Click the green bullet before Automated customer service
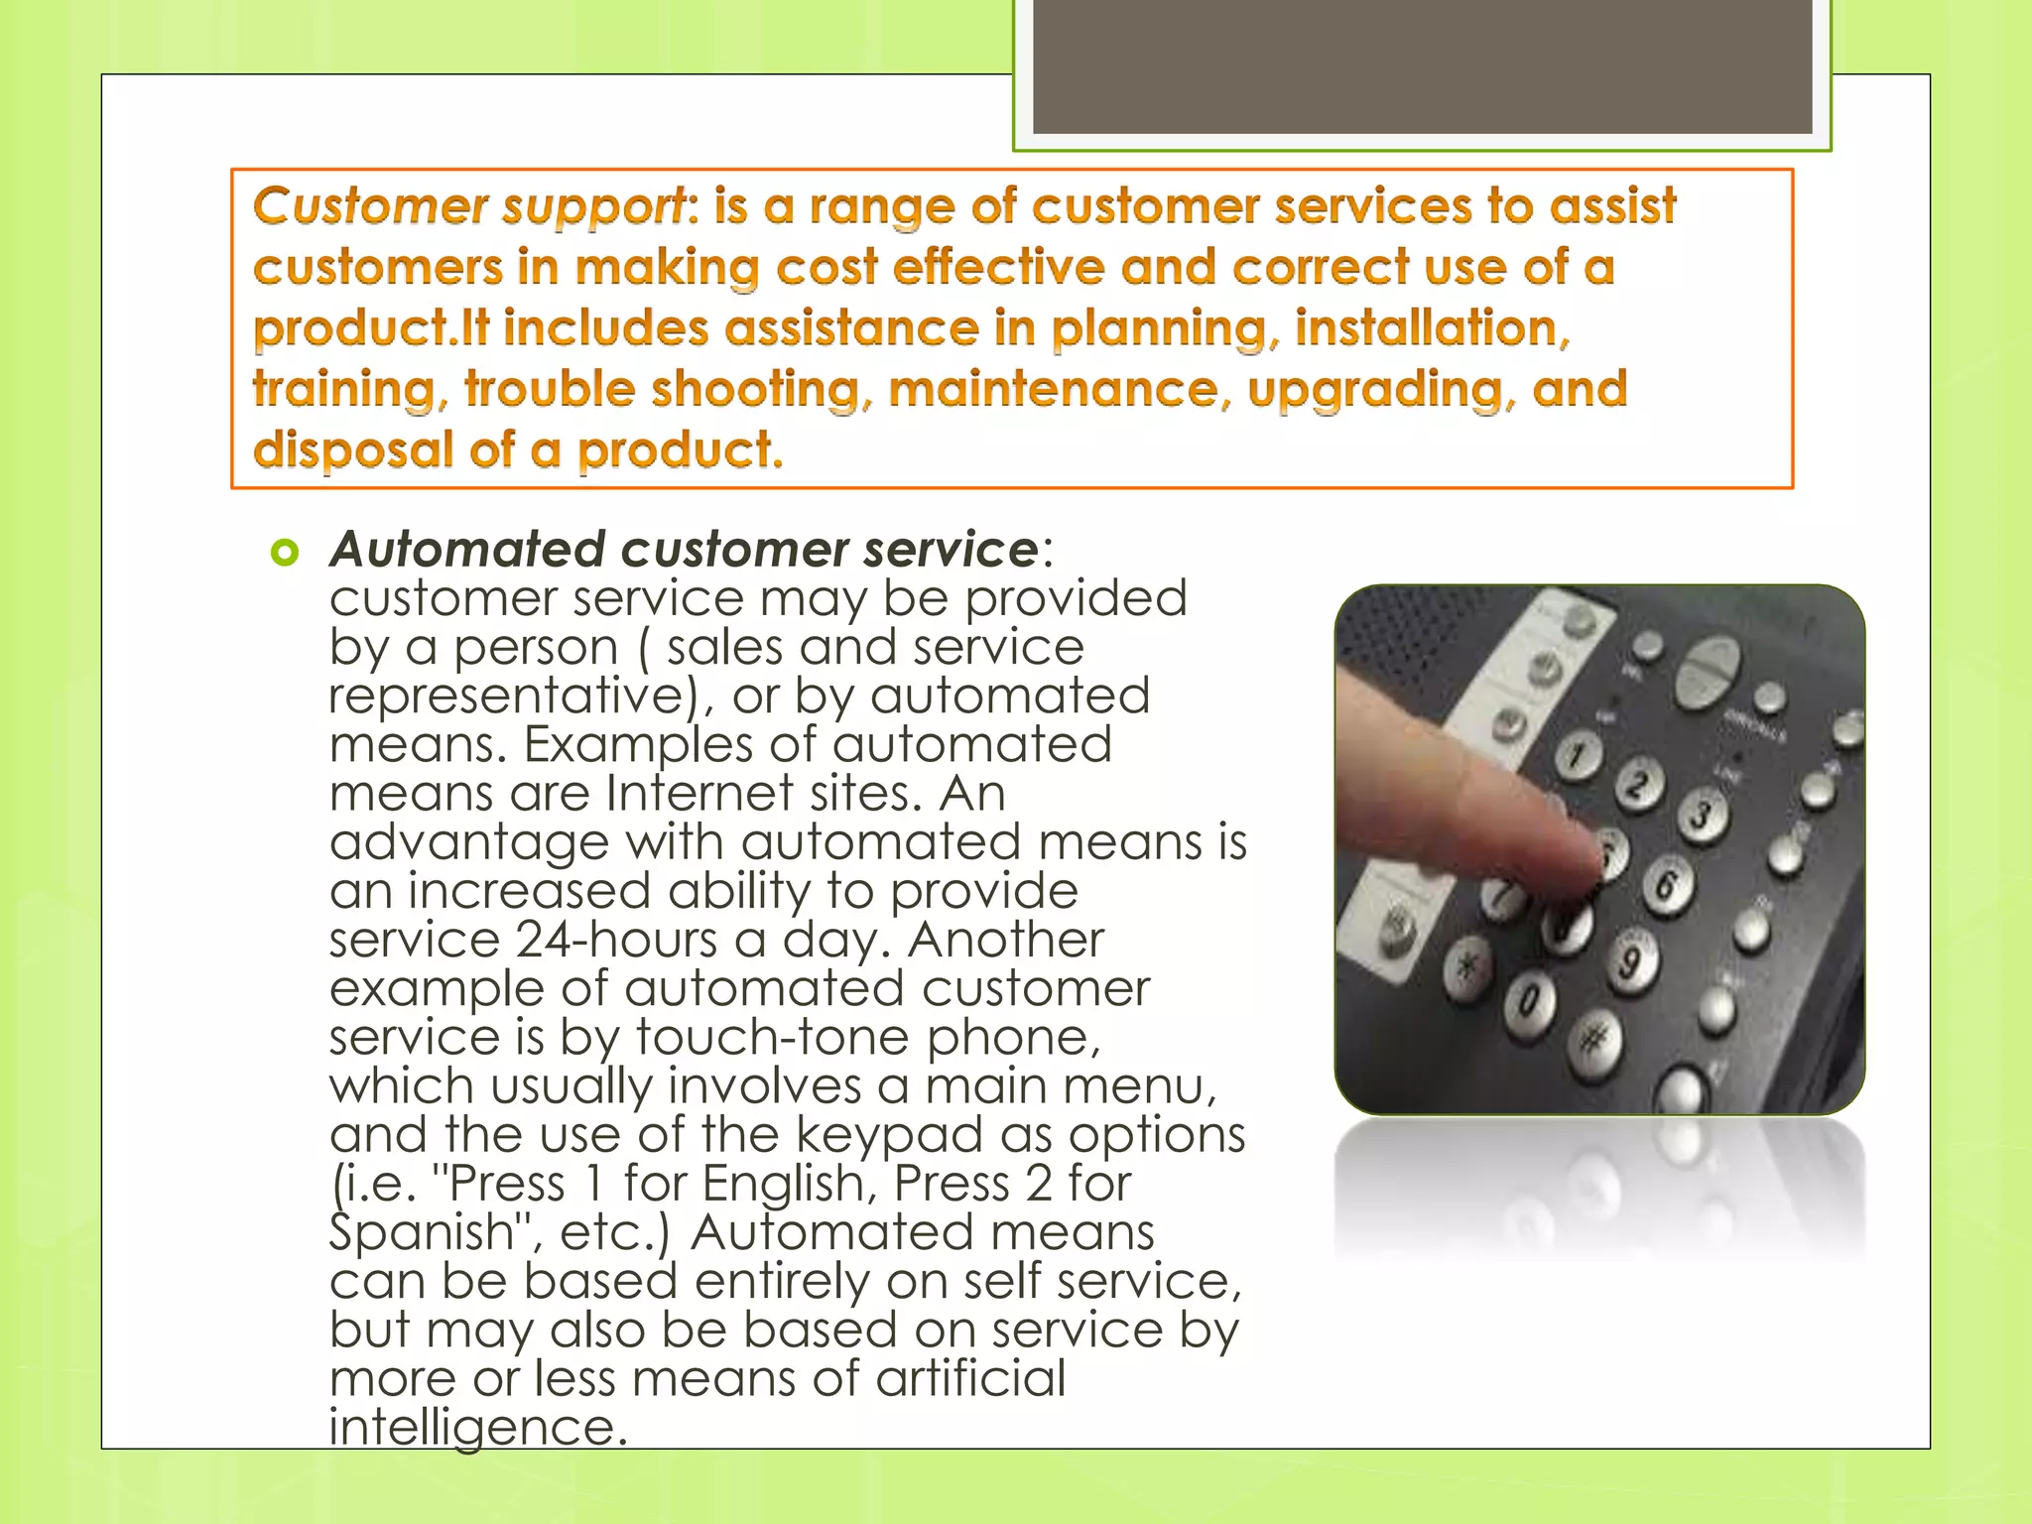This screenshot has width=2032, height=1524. [x=285, y=553]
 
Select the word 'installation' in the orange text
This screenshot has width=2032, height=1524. [x=1432, y=328]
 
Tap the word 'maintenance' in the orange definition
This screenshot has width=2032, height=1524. [x=1053, y=389]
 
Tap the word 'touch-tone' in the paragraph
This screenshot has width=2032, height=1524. [x=772, y=1037]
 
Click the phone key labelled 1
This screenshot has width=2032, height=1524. [x=1577, y=756]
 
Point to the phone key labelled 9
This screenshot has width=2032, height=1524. [x=1629, y=960]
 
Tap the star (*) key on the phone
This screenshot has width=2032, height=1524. [x=1466, y=964]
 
